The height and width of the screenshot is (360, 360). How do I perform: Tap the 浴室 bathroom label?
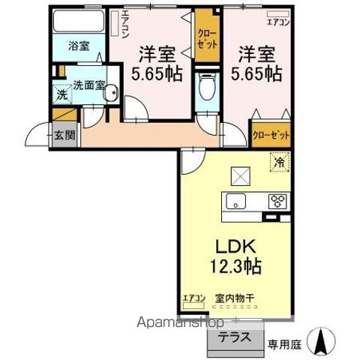[x=79, y=45]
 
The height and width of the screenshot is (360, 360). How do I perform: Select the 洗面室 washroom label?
[x=88, y=85]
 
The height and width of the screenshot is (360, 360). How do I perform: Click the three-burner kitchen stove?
[x=277, y=201]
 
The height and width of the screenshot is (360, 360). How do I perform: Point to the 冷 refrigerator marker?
[x=277, y=160]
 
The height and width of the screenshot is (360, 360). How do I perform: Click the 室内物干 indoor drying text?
[x=235, y=298]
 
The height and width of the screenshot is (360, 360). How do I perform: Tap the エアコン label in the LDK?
[x=193, y=298]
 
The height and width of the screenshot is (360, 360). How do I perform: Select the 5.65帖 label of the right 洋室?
[x=260, y=74]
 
